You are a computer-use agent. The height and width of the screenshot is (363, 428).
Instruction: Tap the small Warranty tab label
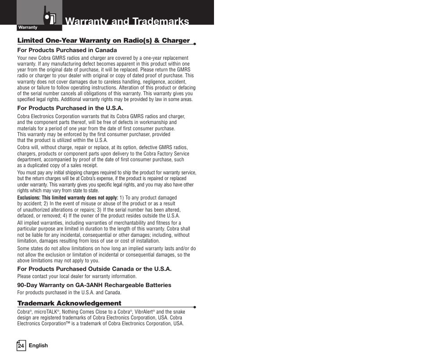[x=28, y=27]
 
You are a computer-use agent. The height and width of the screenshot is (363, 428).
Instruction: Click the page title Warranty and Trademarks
[x=127, y=21]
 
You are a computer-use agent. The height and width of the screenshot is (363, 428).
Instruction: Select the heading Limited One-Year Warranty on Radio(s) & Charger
[x=104, y=40]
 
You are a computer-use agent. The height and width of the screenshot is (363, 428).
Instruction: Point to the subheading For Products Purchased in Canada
[x=67, y=50]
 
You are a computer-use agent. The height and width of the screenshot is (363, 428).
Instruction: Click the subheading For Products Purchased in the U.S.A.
[x=70, y=108]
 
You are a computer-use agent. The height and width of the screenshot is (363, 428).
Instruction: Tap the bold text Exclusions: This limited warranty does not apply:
[x=68, y=198]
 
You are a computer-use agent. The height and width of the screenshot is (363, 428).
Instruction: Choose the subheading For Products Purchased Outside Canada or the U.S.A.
[x=94, y=269]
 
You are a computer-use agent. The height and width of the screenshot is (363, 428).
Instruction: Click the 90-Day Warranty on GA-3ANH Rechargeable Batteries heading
[x=94, y=285]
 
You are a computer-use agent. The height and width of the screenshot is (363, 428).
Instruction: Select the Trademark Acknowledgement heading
[x=70, y=303]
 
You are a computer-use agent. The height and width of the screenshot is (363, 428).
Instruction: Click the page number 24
[x=21, y=345]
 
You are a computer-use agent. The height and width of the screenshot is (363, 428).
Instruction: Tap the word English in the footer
[x=39, y=345]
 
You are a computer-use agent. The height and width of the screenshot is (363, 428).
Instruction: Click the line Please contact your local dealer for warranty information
[x=77, y=276]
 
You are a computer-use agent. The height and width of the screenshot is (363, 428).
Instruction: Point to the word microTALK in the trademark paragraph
[x=47, y=312]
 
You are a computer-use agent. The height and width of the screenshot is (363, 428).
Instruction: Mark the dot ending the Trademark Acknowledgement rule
[x=195, y=307]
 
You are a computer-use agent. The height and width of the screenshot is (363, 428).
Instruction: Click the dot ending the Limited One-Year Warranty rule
[x=195, y=44]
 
